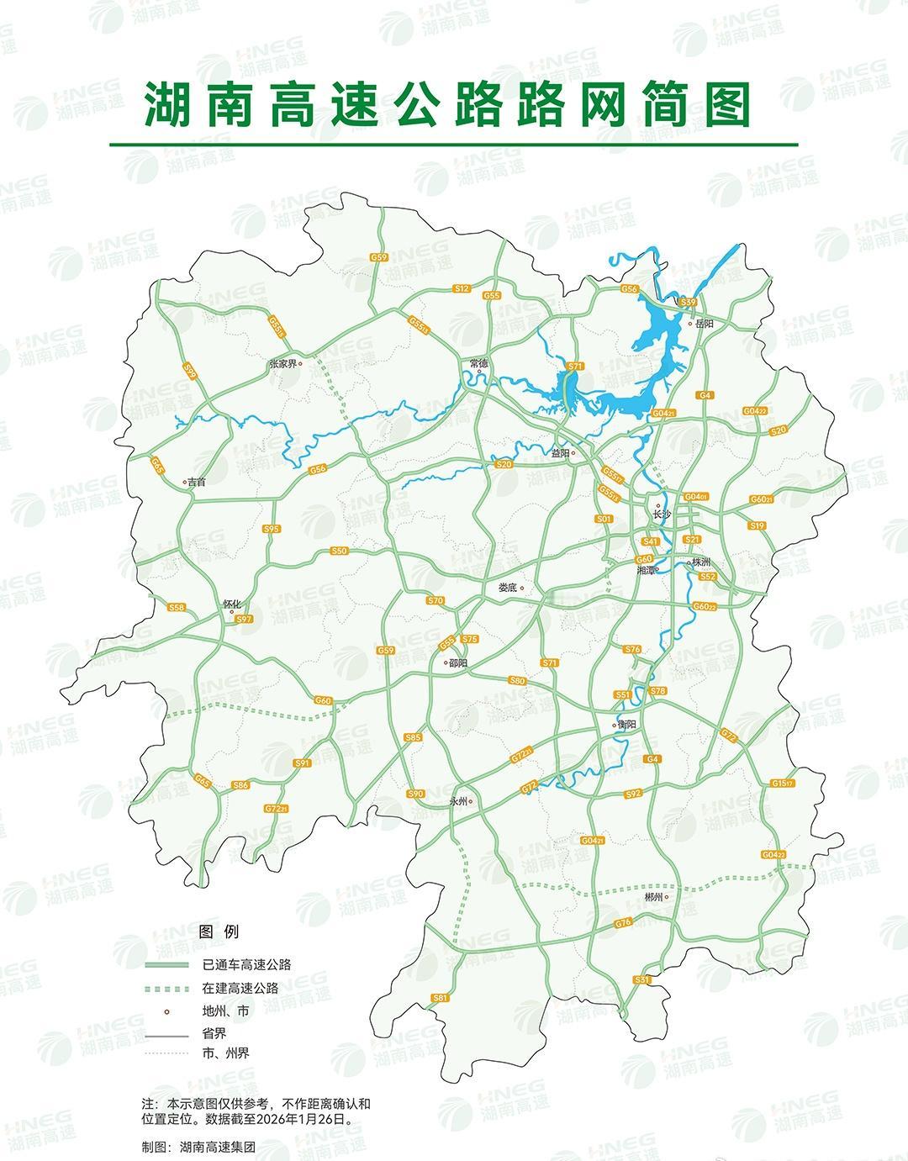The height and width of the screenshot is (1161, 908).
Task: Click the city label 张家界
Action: point(282,364)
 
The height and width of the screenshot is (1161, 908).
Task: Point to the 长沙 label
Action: point(663,515)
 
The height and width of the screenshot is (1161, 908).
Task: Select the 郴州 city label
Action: point(654,897)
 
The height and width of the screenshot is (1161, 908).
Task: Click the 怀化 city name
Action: point(231,604)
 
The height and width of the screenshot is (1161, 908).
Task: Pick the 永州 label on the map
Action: point(459,801)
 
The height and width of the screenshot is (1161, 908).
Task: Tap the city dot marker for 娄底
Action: point(522,588)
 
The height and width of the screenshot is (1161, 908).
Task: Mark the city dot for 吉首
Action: point(186,483)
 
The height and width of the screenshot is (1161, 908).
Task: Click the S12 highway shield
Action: point(461,289)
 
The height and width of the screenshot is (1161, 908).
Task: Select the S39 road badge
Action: point(689,303)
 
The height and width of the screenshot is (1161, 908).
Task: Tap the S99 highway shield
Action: point(190,371)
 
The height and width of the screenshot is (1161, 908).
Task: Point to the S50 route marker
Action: point(338,551)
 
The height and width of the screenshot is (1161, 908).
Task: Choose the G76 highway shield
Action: point(623,923)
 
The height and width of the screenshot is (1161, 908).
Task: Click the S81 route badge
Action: point(439,998)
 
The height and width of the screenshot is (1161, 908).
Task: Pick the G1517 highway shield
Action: point(782,784)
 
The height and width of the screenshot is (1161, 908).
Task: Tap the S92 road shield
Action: point(633,794)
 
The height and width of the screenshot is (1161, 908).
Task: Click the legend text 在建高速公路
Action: point(240,988)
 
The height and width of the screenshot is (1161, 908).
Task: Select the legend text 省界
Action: point(214,1033)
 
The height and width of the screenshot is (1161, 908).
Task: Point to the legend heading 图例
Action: point(219,931)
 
